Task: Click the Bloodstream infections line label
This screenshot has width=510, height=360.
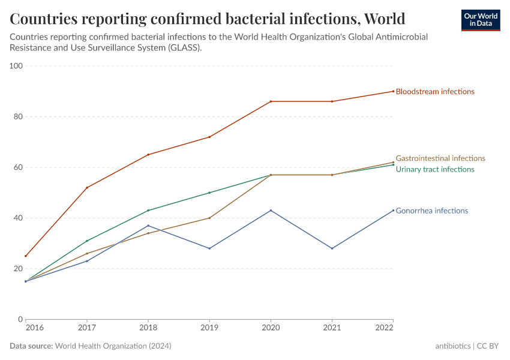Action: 435,92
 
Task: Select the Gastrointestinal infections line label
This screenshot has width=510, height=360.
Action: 440,158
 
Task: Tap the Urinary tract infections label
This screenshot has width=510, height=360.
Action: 435,169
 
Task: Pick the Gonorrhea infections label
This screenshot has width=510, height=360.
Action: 432,211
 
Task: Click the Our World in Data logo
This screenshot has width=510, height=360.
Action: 481,20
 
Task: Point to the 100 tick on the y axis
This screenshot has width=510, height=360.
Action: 16,66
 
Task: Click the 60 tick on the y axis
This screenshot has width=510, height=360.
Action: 18,167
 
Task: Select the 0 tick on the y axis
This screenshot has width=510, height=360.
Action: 20,319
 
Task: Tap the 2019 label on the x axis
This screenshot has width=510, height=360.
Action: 209,328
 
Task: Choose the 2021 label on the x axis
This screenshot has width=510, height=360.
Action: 332,328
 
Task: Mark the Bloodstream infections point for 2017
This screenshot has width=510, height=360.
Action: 87,188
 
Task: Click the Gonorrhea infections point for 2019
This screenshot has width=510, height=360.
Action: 209,248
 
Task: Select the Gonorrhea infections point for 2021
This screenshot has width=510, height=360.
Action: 332,248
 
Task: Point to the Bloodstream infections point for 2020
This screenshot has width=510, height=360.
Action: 271,101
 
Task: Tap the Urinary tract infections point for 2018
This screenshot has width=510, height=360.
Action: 148,211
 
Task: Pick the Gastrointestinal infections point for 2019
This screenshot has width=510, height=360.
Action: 209,218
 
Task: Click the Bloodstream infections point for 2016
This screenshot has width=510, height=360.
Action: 26,256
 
